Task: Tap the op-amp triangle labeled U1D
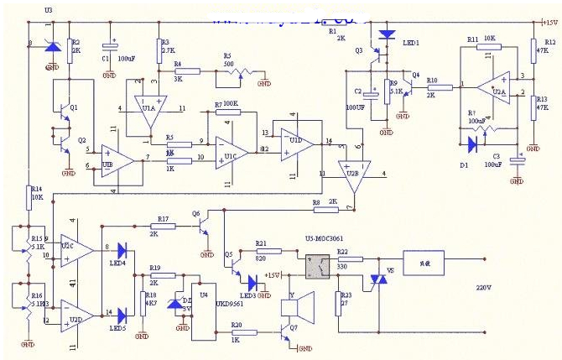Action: tap(298, 141)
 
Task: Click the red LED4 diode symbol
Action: tap(122, 248)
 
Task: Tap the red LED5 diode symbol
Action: tap(122, 315)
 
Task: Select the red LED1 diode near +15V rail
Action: tap(387, 35)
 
